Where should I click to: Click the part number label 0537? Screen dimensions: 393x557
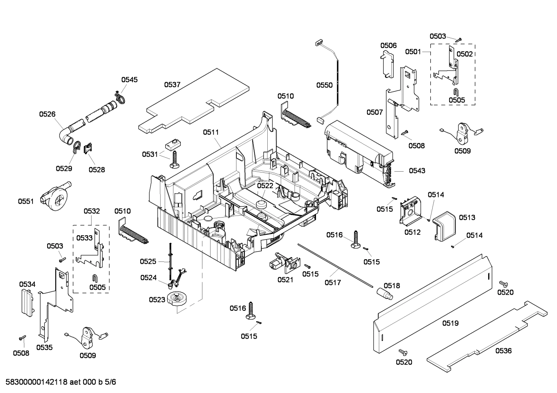tap(172, 84)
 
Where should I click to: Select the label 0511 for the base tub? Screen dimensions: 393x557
tap(211, 132)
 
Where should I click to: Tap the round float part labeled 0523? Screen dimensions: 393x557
tap(178, 300)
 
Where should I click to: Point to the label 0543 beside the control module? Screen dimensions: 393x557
tap(417, 170)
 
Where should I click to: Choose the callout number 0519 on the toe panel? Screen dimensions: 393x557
tap(450, 323)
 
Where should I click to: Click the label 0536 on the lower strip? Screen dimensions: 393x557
tap(503, 351)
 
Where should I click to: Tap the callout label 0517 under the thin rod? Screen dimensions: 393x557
tap(333, 283)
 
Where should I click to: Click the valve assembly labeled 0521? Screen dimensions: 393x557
tap(282, 264)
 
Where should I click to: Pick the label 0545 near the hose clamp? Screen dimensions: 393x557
tap(129, 80)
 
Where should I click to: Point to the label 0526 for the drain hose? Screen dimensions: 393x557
tap(47, 114)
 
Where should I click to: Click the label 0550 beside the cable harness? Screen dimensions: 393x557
tap(324, 85)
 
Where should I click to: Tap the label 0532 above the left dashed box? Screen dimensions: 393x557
tap(92, 211)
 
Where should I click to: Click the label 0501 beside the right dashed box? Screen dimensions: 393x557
tap(413, 52)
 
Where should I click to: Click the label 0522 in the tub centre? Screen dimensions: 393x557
tap(265, 186)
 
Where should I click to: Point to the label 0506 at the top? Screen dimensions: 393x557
tap(389, 46)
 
